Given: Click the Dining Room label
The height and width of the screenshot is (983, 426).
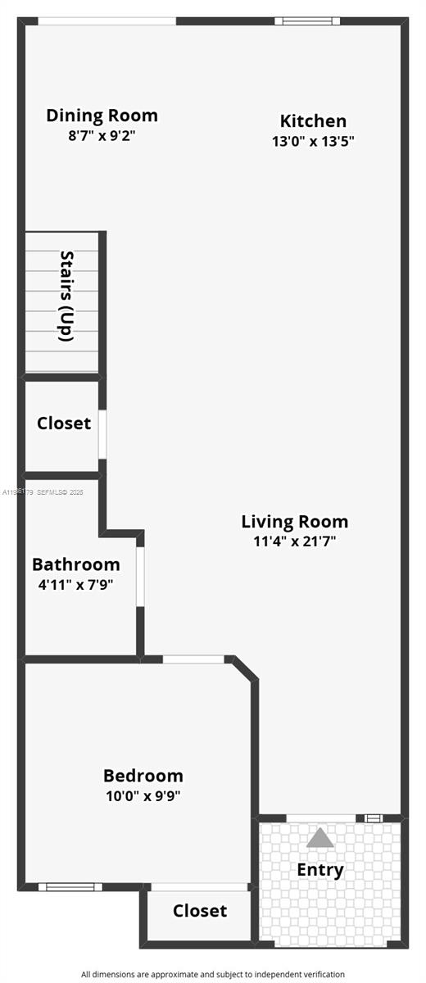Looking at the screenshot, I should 102,116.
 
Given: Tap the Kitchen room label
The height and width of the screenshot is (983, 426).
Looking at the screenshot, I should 313,121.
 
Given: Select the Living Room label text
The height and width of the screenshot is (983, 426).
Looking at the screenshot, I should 294,522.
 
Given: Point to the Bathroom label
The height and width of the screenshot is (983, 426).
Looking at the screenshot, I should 75,564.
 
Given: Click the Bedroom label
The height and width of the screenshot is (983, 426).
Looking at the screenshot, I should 143,775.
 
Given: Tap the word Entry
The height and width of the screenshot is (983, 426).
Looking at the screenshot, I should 320,870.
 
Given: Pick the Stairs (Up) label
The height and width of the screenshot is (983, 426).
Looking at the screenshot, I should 66,296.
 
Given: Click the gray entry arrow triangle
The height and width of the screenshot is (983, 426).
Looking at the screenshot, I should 320,838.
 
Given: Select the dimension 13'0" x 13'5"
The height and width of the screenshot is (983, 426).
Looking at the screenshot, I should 313,141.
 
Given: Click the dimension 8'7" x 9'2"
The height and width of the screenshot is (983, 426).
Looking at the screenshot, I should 102,135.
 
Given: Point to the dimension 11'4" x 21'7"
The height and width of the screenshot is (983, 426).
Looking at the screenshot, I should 294,541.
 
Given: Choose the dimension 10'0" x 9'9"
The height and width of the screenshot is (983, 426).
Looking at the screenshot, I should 143,795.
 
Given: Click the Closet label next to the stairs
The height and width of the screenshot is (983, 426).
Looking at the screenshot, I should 63,424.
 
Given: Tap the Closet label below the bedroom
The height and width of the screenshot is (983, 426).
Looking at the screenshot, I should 200,911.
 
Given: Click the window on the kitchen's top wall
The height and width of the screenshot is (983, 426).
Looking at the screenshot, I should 306,20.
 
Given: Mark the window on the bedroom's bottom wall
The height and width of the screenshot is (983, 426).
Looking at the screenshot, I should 70,886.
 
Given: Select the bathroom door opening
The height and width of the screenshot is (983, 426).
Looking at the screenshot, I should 140,577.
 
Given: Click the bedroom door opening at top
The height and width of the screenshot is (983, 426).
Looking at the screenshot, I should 193,659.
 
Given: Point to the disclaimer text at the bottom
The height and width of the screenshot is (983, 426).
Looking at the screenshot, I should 212,974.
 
